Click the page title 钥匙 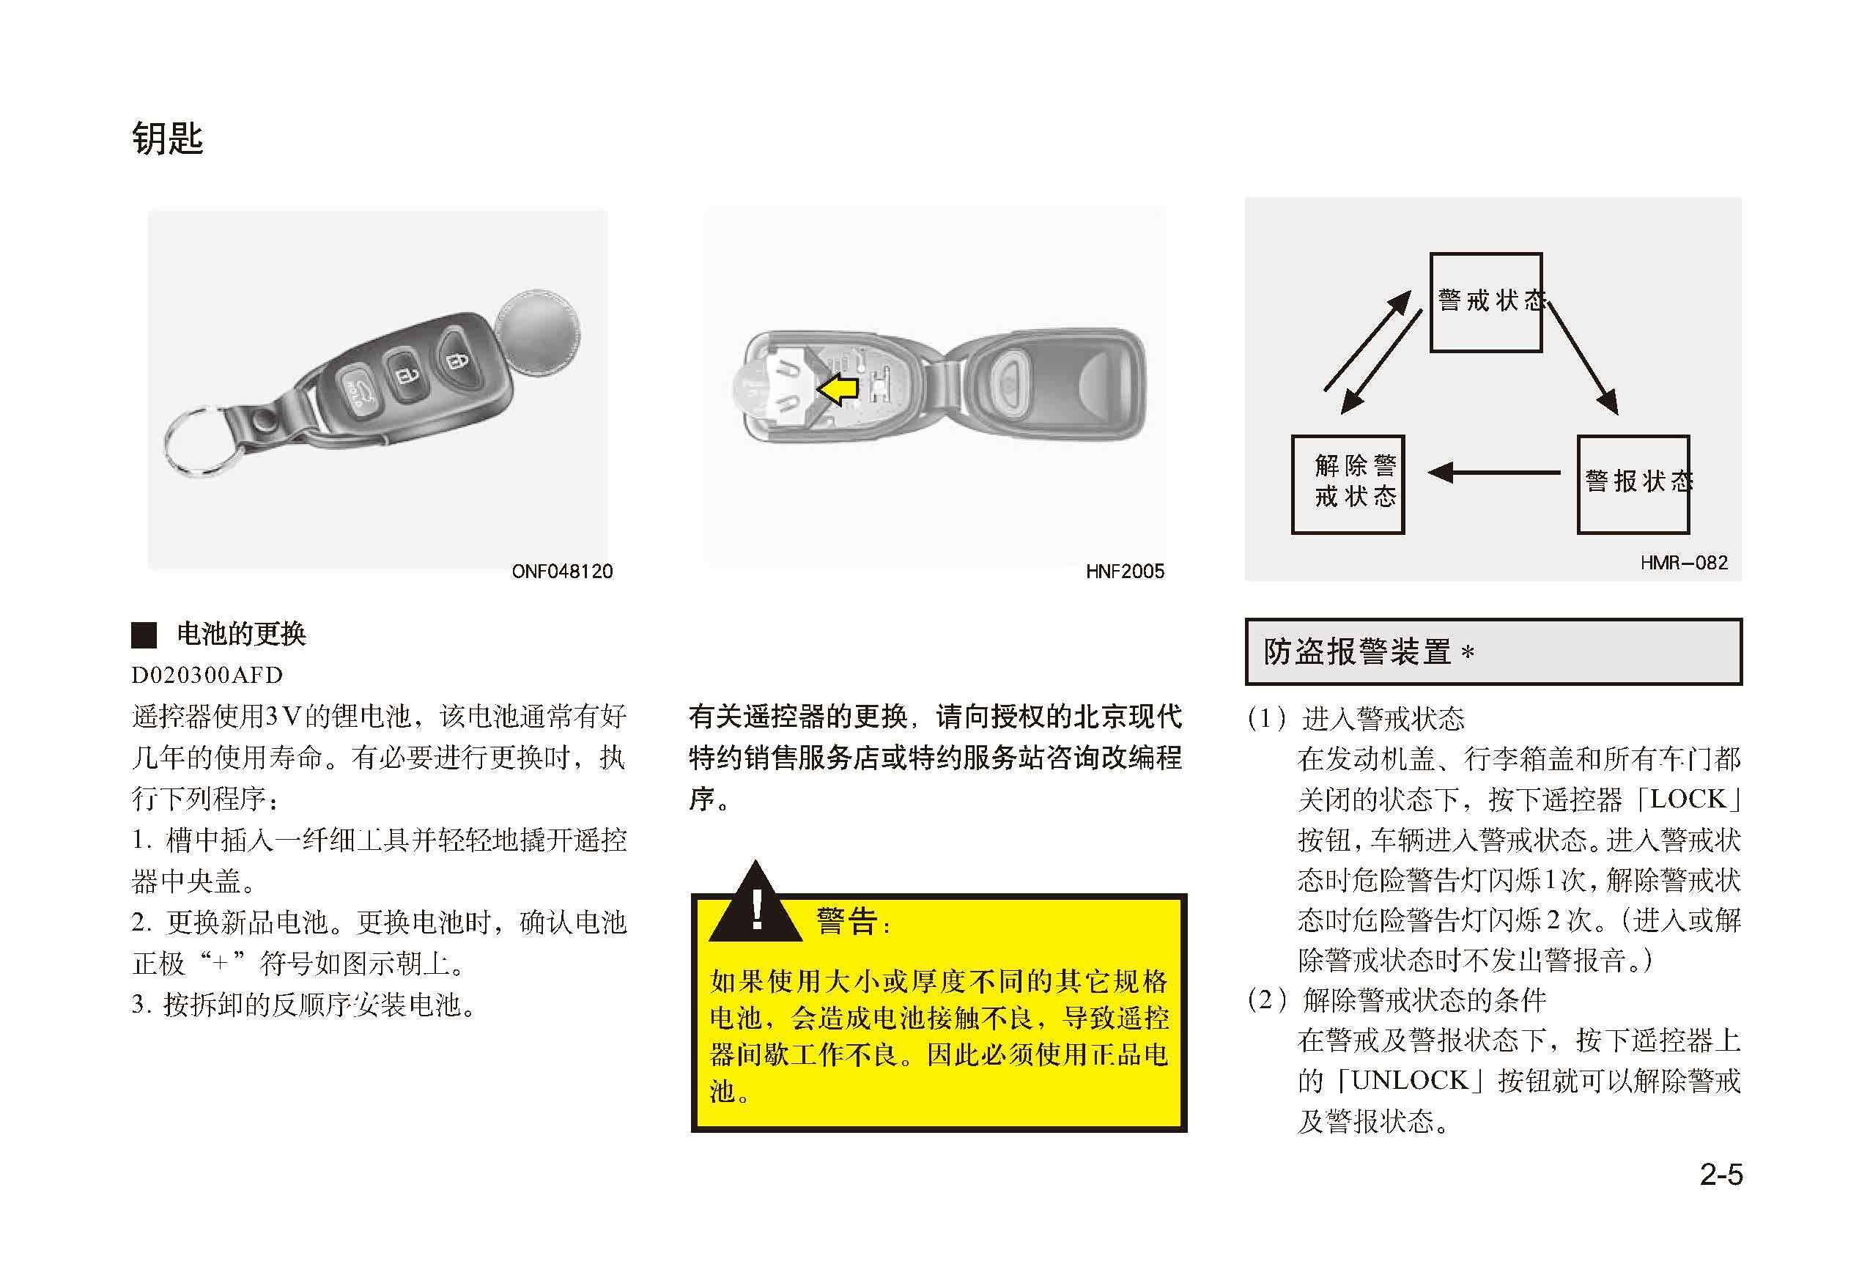click(167, 138)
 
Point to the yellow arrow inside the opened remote click(837, 389)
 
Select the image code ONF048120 click(561, 572)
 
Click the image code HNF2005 click(1124, 572)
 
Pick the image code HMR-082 click(1683, 563)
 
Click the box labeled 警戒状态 click(1485, 303)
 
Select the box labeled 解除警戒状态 click(1348, 484)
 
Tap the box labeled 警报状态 click(1633, 484)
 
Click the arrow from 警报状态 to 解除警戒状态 click(1493, 473)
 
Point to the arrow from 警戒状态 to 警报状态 click(1582, 359)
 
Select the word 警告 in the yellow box click(846, 920)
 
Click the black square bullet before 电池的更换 click(144, 635)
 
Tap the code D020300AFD click(207, 675)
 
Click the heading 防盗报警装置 click(1356, 651)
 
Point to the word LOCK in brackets click(1688, 799)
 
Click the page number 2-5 click(1721, 1175)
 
